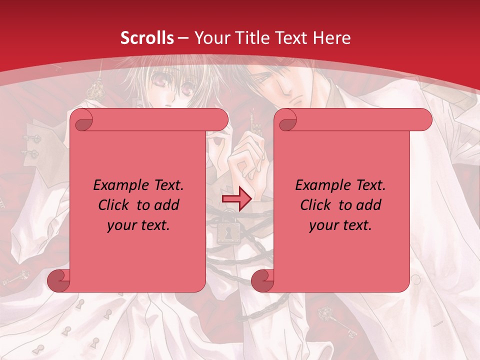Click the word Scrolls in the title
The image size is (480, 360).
(x=147, y=38)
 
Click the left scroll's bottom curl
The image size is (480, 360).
(x=59, y=280)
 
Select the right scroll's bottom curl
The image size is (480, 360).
(x=262, y=280)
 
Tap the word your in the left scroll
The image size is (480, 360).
(x=121, y=225)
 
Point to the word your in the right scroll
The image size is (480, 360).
(x=323, y=225)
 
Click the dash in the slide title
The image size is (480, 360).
(x=183, y=38)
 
